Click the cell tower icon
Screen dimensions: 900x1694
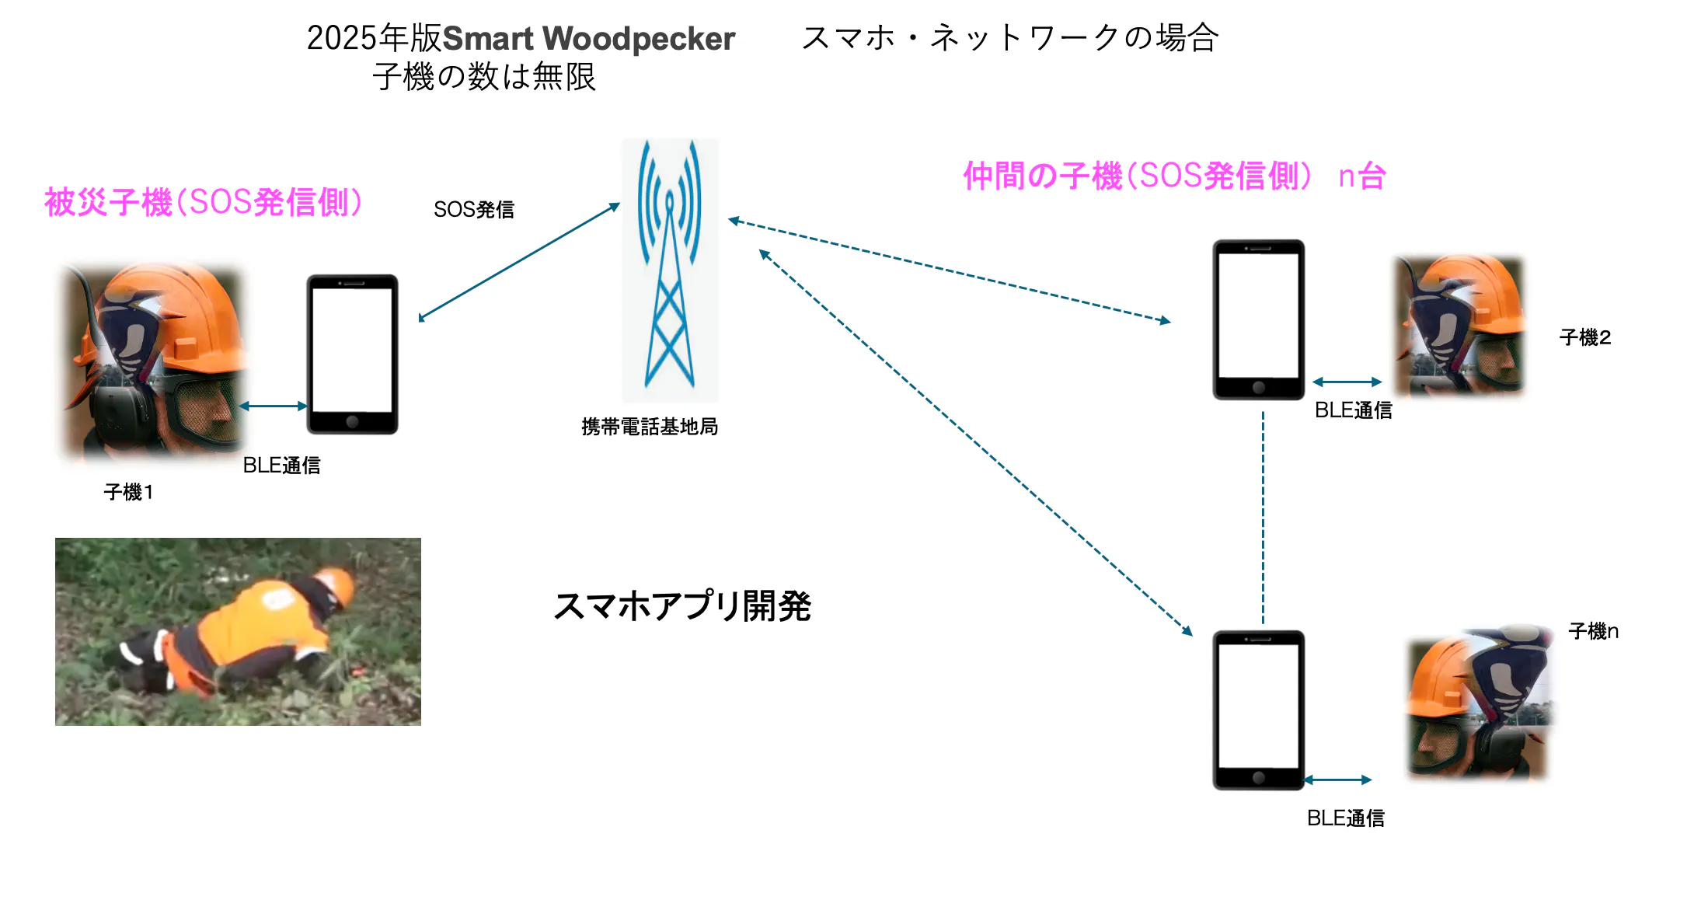[x=670, y=268]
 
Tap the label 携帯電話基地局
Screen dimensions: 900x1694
[x=650, y=427]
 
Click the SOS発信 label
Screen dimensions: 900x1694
[x=474, y=210]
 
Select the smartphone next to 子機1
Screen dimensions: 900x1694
[x=352, y=354]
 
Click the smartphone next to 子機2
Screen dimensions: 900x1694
[x=1258, y=319]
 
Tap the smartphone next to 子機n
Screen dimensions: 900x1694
[x=1258, y=710]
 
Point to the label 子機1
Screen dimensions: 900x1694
[x=129, y=492]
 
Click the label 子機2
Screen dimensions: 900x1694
[x=1584, y=337]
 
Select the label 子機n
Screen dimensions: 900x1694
[x=1593, y=631]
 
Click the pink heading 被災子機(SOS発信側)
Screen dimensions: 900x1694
[x=204, y=203]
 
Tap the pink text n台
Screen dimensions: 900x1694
[x=1362, y=176]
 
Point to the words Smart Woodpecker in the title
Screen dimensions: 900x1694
[x=588, y=39]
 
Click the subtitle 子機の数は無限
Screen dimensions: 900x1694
[x=483, y=77]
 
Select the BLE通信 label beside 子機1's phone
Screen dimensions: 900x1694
[x=281, y=466]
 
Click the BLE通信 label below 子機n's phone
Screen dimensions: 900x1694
[x=1345, y=818]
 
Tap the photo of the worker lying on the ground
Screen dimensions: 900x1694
[x=238, y=632]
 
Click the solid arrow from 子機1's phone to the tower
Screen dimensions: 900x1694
[x=519, y=261]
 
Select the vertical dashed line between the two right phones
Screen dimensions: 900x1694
[x=1263, y=517]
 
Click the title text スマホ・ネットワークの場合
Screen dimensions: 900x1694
[x=1010, y=37]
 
